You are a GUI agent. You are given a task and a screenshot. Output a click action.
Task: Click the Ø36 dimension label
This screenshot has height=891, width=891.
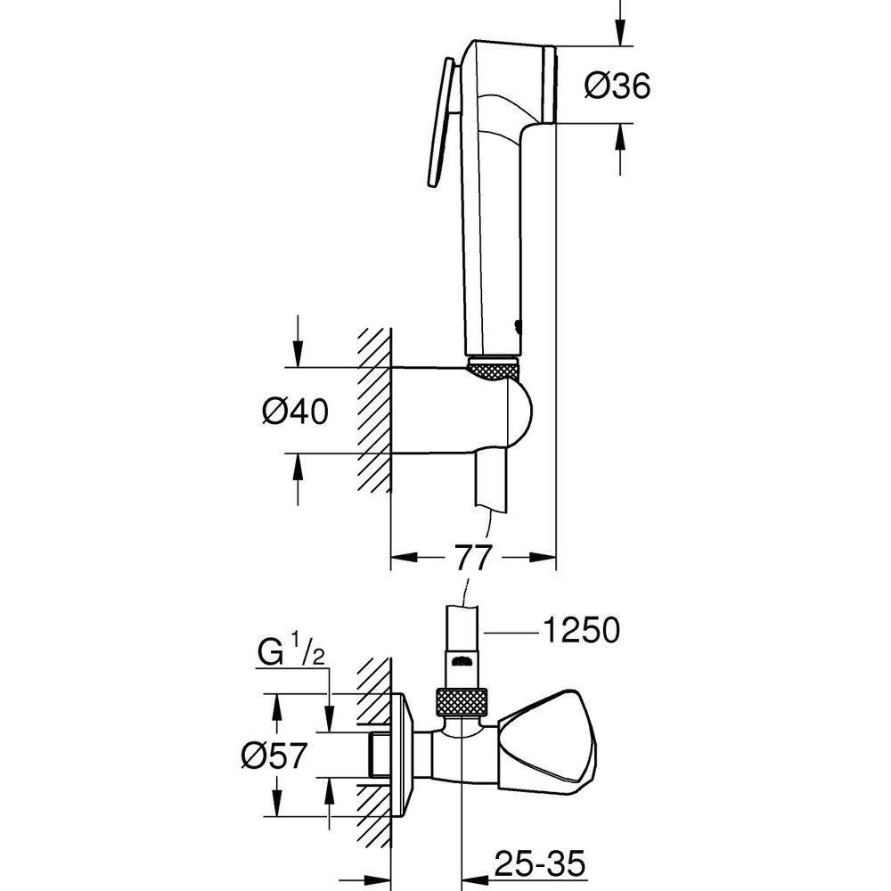click(617, 87)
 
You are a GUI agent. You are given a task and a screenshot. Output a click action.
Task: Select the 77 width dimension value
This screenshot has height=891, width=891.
click(471, 558)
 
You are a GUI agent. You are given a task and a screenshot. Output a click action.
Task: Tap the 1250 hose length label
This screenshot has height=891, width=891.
click(581, 630)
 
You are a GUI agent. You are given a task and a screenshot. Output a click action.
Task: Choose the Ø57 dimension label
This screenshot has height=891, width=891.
click(274, 756)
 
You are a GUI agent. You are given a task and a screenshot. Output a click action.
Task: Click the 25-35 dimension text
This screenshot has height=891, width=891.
click(539, 864)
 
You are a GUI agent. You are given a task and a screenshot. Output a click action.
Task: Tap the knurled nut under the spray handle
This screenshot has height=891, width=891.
click(492, 368)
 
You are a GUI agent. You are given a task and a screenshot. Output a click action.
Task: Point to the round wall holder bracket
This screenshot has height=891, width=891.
click(462, 410)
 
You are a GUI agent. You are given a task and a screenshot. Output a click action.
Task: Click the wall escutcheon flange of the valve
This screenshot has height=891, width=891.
click(404, 756)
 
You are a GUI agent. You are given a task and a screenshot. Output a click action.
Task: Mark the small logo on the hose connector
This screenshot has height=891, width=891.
click(462, 661)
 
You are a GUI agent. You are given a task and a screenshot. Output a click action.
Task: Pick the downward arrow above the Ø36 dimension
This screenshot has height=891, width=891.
click(620, 23)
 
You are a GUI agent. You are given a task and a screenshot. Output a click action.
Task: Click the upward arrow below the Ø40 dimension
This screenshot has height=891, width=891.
click(298, 479)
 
